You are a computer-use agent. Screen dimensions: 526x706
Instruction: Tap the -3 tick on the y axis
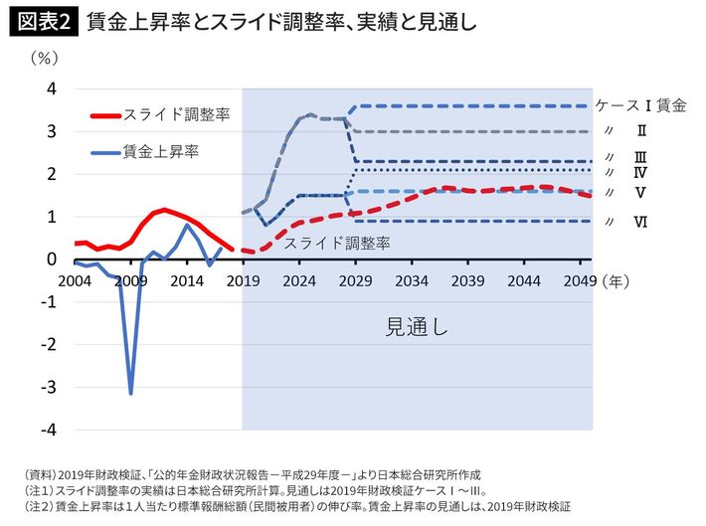click(x=49, y=387)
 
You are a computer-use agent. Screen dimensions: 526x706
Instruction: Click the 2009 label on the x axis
click(x=131, y=281)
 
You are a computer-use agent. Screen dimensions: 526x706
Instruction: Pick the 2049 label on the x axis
click(x=576, y=281)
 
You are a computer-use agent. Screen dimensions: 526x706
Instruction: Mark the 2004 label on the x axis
click(x=77, y=281)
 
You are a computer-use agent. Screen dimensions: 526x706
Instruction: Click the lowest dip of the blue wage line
click(x=130, y=393)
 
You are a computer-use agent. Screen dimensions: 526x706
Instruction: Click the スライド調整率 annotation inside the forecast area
click(x=337, y=242)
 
